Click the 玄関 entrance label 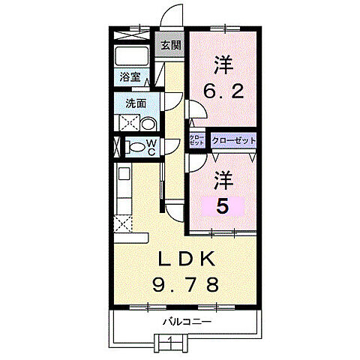click(x=170, y=45)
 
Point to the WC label click(x=151, y=148)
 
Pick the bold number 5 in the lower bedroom click(x=223, y=205)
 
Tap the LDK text click(x=188, y=259)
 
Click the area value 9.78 click(x=187, y=285)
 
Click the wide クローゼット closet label click(x=234, y=140)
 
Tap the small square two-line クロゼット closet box click(x=196, y=140)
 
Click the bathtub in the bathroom click(x=133, y=56)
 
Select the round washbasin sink click(x=148, y=124)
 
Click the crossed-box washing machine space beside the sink click(x=127, y=124)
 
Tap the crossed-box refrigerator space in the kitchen click(x=123, y=223)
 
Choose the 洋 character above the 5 click(x=223, y=180)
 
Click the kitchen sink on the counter click(x=124, y=176)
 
